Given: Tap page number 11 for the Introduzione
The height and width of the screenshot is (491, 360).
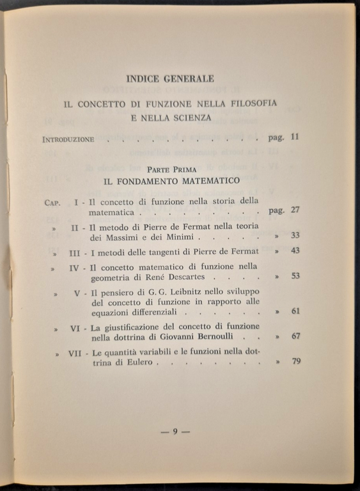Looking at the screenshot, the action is [295, 137].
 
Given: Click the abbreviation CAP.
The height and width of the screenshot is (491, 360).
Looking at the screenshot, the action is [52, 202].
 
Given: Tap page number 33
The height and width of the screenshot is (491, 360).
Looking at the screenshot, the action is [295, 235].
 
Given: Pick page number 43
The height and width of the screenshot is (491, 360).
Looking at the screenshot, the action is [295, 251].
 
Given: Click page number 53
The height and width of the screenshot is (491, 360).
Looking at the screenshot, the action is [295, 277].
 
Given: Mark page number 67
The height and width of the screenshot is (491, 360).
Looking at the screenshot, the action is [295, 336].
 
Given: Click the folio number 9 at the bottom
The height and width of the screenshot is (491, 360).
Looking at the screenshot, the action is [175, 431].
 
